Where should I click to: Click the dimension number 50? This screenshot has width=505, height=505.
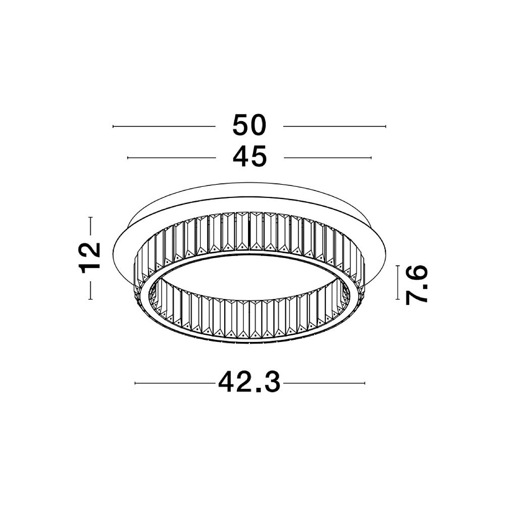click(x=249, y=125)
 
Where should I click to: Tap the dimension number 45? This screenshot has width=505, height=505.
click(x=249, y=157)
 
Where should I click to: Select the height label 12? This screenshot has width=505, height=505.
click(x=91, y=258)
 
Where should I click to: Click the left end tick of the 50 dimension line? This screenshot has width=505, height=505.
click(x=113, y=127)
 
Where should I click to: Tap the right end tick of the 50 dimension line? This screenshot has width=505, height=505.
click(x=385, y=127)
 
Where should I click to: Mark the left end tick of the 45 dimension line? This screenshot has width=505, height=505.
click(x=128, y=158)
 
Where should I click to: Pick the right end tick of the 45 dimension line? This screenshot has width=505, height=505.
click(x=371, y=158)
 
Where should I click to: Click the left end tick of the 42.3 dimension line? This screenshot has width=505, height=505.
click(x=135, y=383)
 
